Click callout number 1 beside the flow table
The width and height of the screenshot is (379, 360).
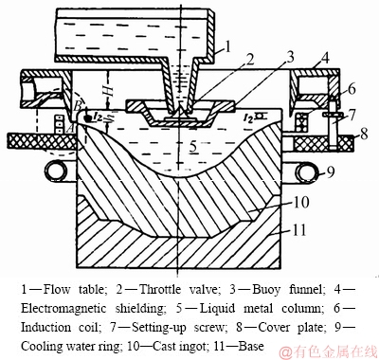coord(226,47)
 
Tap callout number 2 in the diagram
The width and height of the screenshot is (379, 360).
coord(250,59)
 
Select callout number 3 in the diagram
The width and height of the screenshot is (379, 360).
coord(288,58)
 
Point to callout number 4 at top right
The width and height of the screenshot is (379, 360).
coord(325,59)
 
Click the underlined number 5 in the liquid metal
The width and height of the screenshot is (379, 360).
coord(193,146)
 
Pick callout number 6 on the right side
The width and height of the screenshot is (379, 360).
coord(352,89)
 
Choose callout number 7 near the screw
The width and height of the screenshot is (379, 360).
coord(352,115)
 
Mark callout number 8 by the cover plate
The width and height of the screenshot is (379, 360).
coord(364,134)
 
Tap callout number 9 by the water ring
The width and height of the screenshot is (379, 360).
coord(330,171)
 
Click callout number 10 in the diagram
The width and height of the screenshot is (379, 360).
coord(301,202)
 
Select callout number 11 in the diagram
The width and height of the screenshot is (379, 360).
coord(299,230)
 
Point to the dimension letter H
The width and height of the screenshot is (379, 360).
coord(109,91)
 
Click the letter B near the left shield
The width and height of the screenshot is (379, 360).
coord(78,106)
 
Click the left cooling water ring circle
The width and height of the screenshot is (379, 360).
coord(56,170)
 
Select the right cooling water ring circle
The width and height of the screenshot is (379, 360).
coord(306,171)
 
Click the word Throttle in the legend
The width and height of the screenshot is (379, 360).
coord(160,289)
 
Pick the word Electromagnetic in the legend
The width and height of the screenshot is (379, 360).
coord(63,308)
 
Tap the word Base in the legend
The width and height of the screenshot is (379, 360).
coord(251,346)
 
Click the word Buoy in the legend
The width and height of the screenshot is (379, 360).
coord(265,290)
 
